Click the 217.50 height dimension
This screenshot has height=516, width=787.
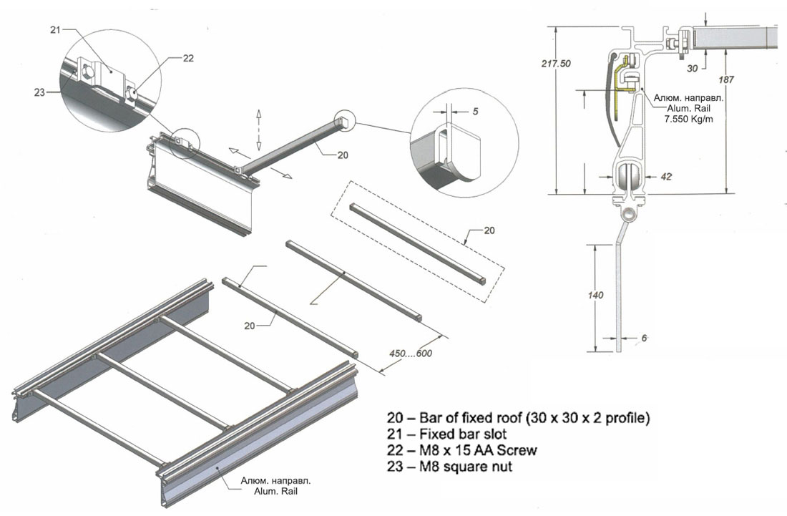point(556,64)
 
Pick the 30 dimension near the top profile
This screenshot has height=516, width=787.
point(692,69)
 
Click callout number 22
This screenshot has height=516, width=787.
point(187,59)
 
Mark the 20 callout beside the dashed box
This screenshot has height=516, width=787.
point(489,230)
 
